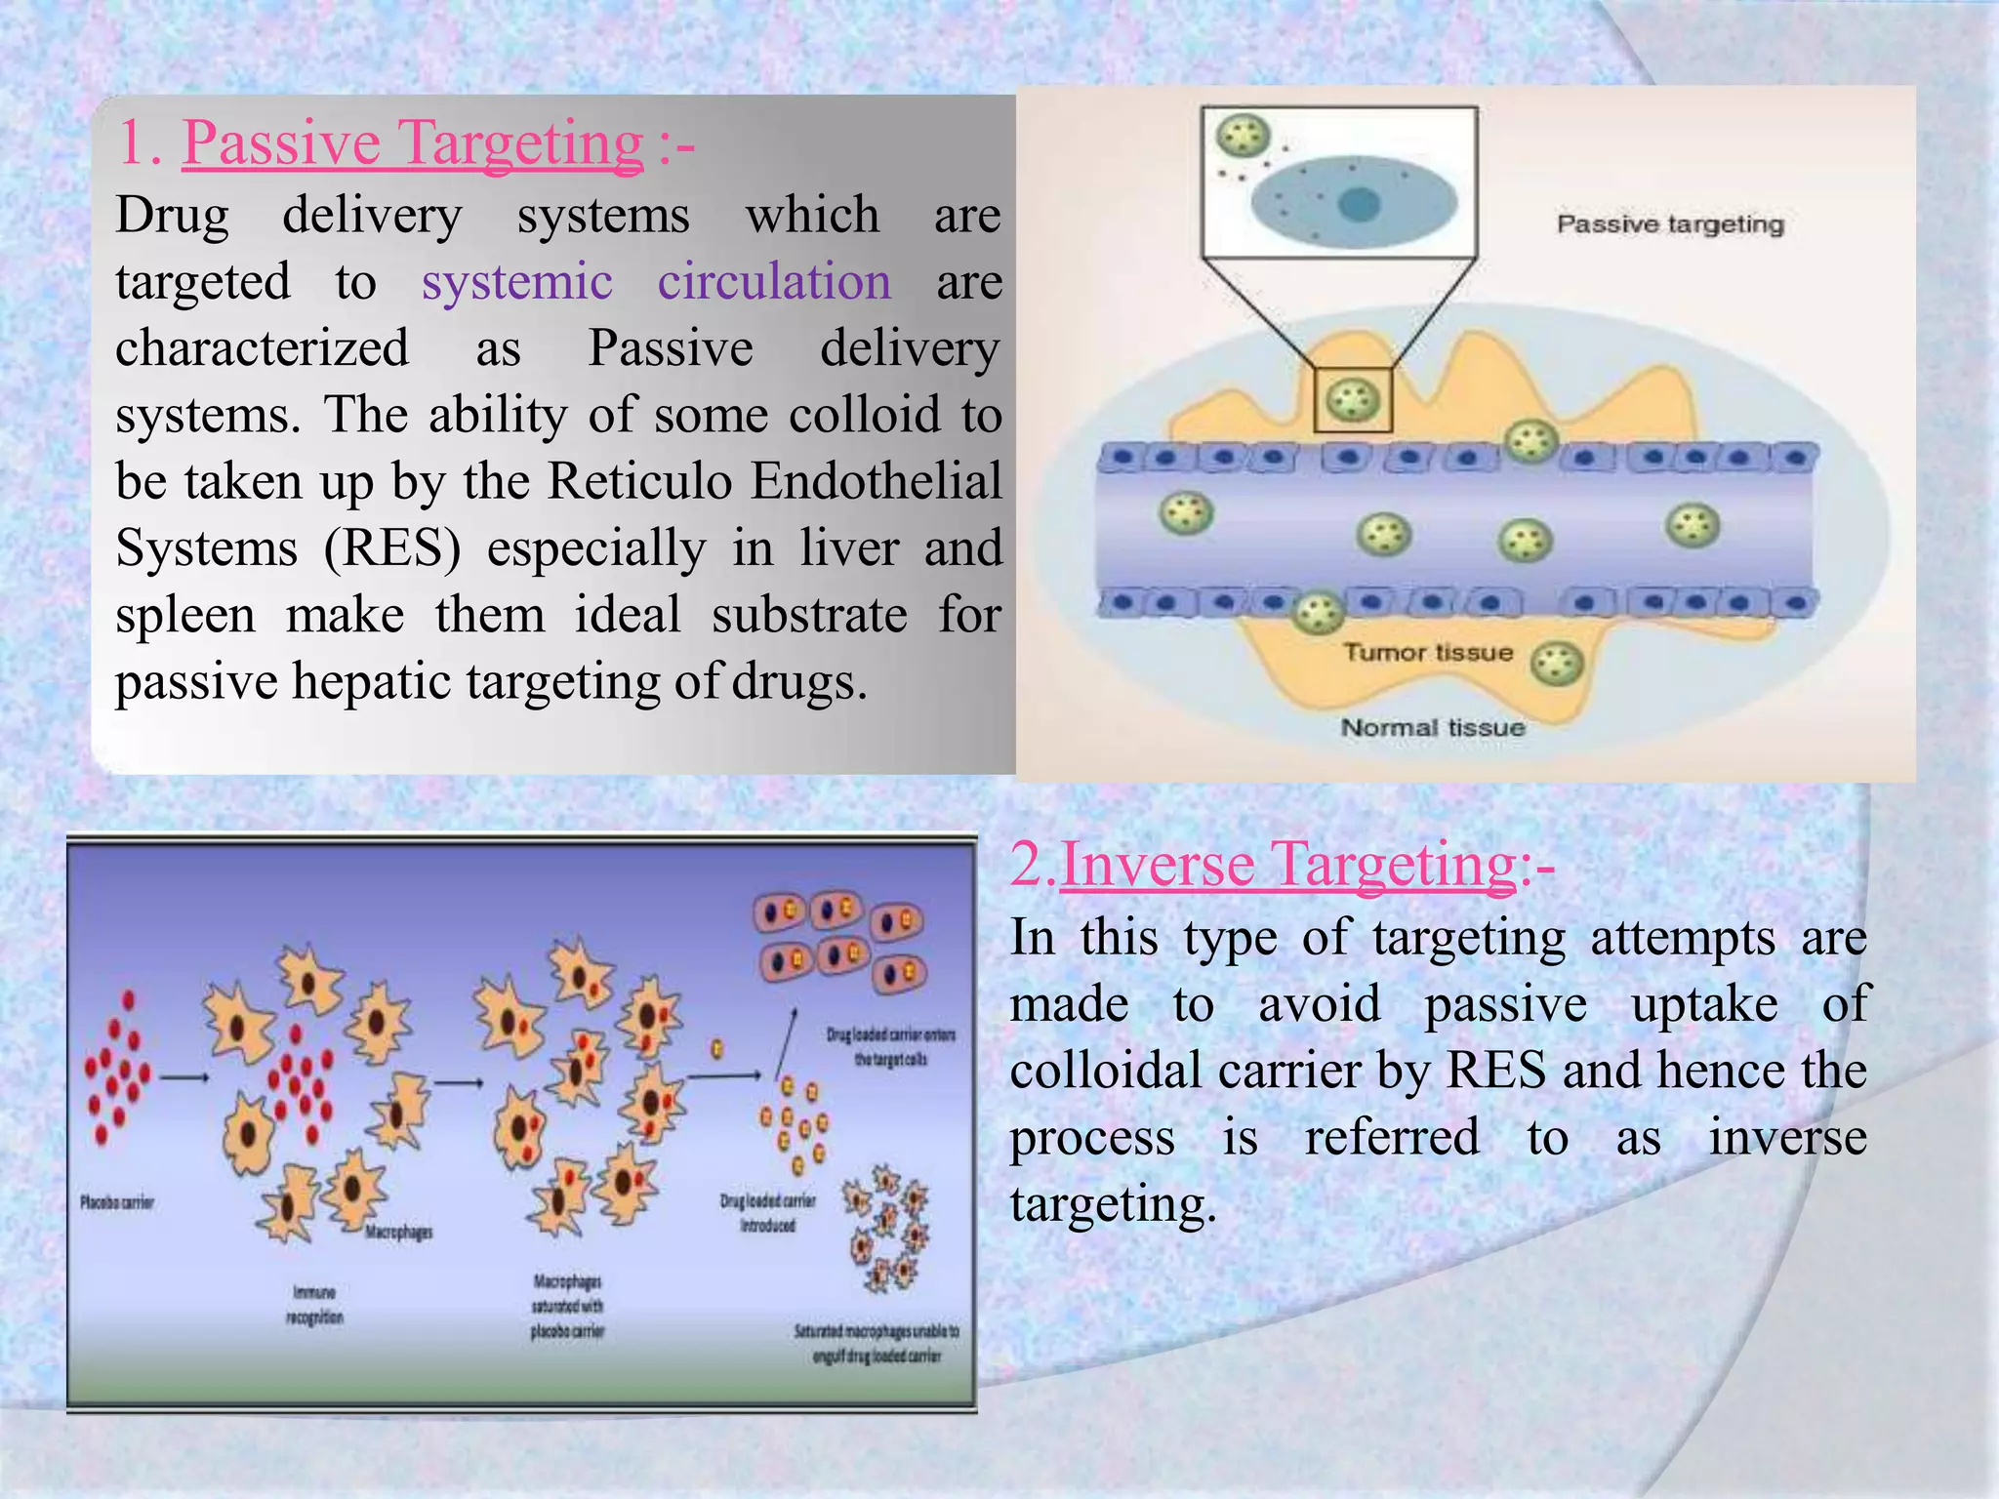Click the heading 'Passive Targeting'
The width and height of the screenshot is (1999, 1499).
pos(412,143)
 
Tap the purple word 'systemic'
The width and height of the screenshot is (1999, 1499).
pos(516,282)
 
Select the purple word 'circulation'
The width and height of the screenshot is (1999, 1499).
pos(774,282)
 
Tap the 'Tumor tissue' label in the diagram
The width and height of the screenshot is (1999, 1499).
pos(1427,652)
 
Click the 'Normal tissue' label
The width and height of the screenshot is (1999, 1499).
pos(1432,728)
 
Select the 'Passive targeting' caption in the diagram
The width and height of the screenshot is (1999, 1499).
pos(1669,224)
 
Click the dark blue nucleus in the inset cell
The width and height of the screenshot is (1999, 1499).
pos(1359,205)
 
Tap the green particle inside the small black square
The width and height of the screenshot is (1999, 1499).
pos(1353,399)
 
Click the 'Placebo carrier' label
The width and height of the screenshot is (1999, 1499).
pos(117,1202)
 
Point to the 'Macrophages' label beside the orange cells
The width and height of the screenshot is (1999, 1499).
pos(398,1233)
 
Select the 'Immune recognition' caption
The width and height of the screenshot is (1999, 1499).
pos(314,1305)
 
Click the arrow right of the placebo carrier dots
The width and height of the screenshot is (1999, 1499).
pos(184,1078)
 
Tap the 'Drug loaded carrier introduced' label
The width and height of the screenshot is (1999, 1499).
pos(767,1213)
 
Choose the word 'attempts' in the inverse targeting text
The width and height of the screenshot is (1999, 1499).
pos(1682,938)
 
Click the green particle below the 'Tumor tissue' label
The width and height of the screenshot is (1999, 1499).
pos(1556,665)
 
